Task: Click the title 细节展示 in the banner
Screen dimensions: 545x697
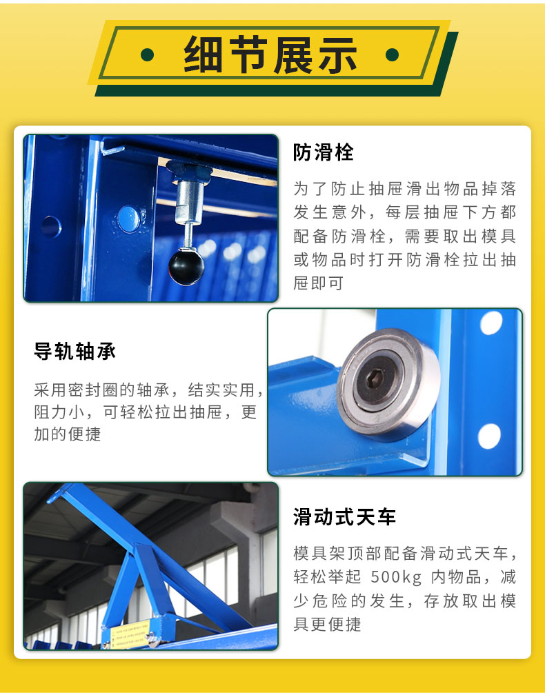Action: tap(270, 54)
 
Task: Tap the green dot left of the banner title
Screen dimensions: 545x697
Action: tap(147, 54)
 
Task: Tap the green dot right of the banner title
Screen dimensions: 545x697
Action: tap(392, 54)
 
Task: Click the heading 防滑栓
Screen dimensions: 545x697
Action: tap(323, 152)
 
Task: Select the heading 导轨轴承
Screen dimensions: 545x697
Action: tap(75, 351)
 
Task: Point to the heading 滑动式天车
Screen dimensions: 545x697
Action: tap(344, 517)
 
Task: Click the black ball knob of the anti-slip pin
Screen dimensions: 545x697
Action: tap(186, 267)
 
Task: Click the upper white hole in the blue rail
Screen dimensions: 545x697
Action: tap(491, 323)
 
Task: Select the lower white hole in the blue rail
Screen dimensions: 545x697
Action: tap(489, 436)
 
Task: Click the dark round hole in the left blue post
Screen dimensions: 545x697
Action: tap(52, 227)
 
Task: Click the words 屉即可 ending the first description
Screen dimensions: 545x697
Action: tap(318, 283)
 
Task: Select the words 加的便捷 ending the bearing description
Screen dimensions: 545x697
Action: tap(67, 434)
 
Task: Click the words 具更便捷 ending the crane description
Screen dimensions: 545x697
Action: tap(327, 624)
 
